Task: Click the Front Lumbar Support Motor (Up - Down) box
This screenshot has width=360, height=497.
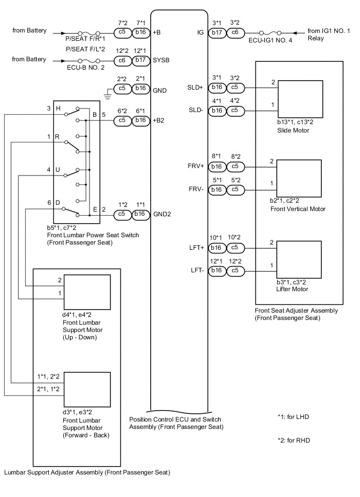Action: tap(87, 292)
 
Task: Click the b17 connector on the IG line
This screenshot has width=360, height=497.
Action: tap(216, 31)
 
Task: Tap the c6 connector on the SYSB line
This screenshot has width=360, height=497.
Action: tap(122, 60)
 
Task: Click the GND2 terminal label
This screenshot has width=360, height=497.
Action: tap(163, 214)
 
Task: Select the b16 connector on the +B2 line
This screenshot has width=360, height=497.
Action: tap(140, 120)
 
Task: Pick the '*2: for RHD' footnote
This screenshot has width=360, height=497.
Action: tap(294, 440)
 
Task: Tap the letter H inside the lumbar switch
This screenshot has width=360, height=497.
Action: tap(58, 108)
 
